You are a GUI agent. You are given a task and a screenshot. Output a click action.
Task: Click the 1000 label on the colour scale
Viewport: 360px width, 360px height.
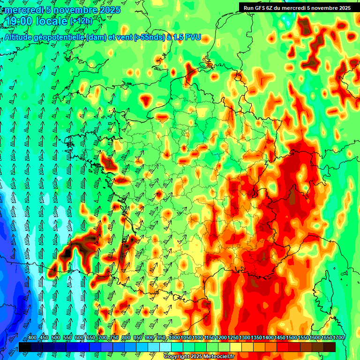tap(174, 338)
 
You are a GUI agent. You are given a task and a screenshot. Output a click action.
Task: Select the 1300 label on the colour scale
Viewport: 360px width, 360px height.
tap(245, 338)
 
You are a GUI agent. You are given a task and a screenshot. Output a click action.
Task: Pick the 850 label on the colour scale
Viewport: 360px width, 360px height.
tap(137, 338)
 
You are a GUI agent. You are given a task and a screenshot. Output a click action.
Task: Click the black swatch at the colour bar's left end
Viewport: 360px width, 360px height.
tap(25, 347)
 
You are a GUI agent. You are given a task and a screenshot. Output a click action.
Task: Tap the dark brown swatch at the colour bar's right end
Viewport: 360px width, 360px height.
tap(330, 347)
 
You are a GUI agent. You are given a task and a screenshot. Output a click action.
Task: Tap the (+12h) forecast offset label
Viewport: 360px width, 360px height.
tap(81, 21)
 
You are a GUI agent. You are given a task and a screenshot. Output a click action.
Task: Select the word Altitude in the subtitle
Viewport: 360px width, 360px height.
tap(19, 37)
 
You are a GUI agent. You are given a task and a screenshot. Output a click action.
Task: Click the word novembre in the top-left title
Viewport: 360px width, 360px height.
tap(72, 10)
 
